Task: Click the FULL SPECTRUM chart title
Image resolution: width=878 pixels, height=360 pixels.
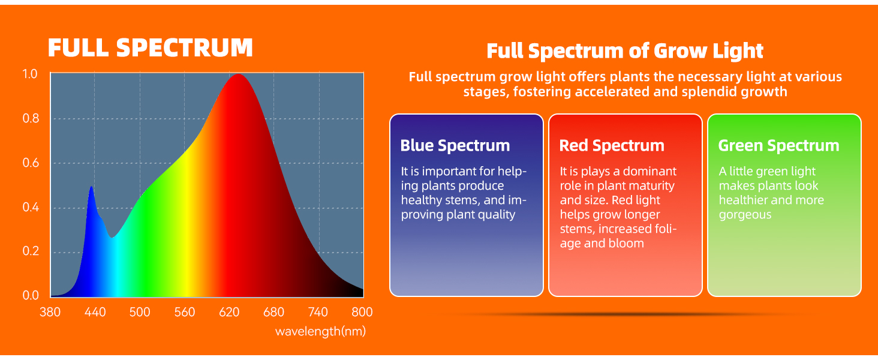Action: [x=150, y=48]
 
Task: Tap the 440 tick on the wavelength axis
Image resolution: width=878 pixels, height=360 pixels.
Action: [x=95, y=312]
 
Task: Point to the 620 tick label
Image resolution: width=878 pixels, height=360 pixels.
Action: [x=229, y=312]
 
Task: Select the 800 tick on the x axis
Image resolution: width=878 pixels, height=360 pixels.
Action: [x=362, y=312]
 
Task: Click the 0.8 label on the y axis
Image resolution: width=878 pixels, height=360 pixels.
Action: [x=31, y=118]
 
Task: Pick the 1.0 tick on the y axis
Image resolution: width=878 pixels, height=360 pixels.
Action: [x=30, y=74]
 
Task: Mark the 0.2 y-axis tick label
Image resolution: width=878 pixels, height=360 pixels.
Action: [x=31, y=251]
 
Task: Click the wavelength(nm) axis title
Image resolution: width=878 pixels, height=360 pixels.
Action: [x=320, y=331]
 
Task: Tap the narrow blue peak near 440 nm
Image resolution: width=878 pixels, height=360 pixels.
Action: [x=91, y=187]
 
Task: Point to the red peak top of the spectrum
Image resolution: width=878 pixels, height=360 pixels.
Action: [x=238, y=74]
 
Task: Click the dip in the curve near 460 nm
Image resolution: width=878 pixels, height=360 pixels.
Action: [x=112, y=237]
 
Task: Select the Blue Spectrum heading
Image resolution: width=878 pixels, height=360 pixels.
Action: [x=455, y=145]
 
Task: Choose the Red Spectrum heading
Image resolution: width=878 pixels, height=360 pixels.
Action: [x=612, y=145]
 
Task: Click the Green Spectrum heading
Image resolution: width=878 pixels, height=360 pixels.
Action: [x=778, y=145]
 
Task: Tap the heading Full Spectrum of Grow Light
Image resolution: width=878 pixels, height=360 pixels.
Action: [x=625, y=51]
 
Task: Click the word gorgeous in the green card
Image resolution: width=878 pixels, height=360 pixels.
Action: [x=745, y=215]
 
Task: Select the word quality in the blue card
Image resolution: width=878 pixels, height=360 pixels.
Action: [x=495, y=215]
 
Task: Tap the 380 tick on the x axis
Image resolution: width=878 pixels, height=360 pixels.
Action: [x=50, y=312]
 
